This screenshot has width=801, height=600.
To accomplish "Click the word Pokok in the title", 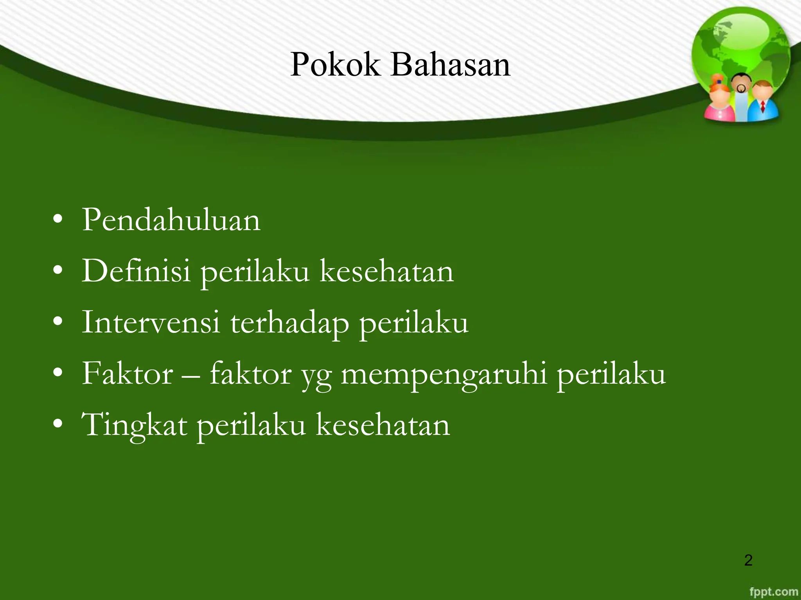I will (335, 65).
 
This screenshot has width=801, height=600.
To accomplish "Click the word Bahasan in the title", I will (450, 65).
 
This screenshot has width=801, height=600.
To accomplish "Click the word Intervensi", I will (151, 322).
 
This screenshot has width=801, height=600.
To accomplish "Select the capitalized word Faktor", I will (127, 374).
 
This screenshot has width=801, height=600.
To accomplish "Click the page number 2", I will (748, 560).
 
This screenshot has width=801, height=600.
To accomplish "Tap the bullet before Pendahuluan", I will (58, 220).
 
